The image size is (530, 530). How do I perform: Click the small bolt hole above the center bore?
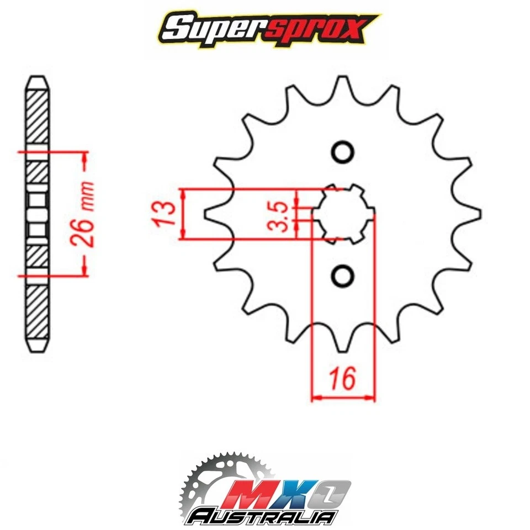(x=342, y=152)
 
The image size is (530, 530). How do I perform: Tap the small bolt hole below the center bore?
(x=342, y=274)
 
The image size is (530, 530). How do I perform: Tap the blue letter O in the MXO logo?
(x=329, y=491)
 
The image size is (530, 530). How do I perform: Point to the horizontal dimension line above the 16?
(x=343, y=396)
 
